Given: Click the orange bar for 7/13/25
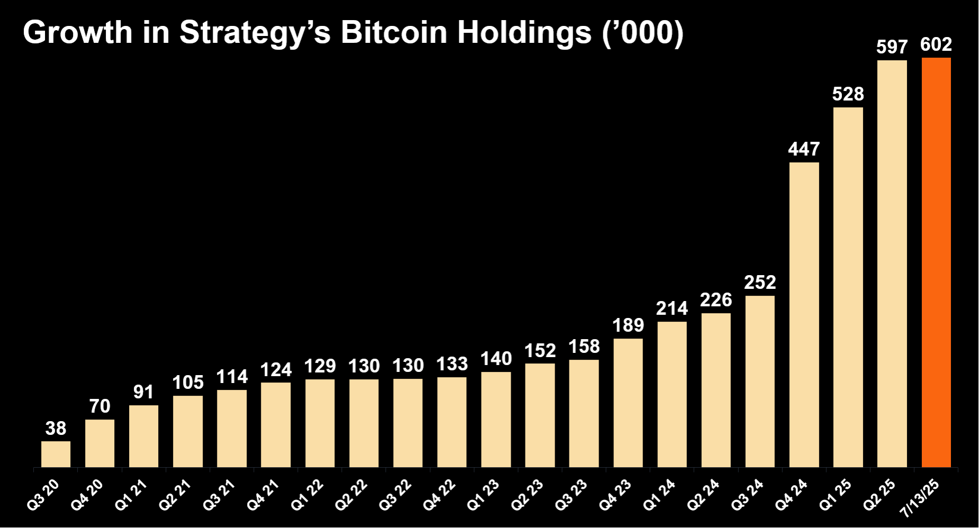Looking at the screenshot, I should tap(936, 262).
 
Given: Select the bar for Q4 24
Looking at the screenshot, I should tap(804, 315).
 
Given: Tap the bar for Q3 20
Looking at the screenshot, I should tap(56, 454).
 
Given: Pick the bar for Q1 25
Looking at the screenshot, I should tap(848, 287).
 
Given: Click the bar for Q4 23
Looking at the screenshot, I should tap(628, 403).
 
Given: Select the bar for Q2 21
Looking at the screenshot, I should tap(188, 431).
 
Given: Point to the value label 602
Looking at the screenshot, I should tap(936, 44).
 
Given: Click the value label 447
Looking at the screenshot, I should tap(804, 149).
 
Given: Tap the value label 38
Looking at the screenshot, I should tap(56, 428).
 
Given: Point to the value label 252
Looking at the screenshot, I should tap(760, 283).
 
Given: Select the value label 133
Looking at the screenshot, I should tap(452, 364).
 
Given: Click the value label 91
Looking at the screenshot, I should tap(143, 392).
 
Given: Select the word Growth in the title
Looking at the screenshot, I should tap(77, 33).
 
